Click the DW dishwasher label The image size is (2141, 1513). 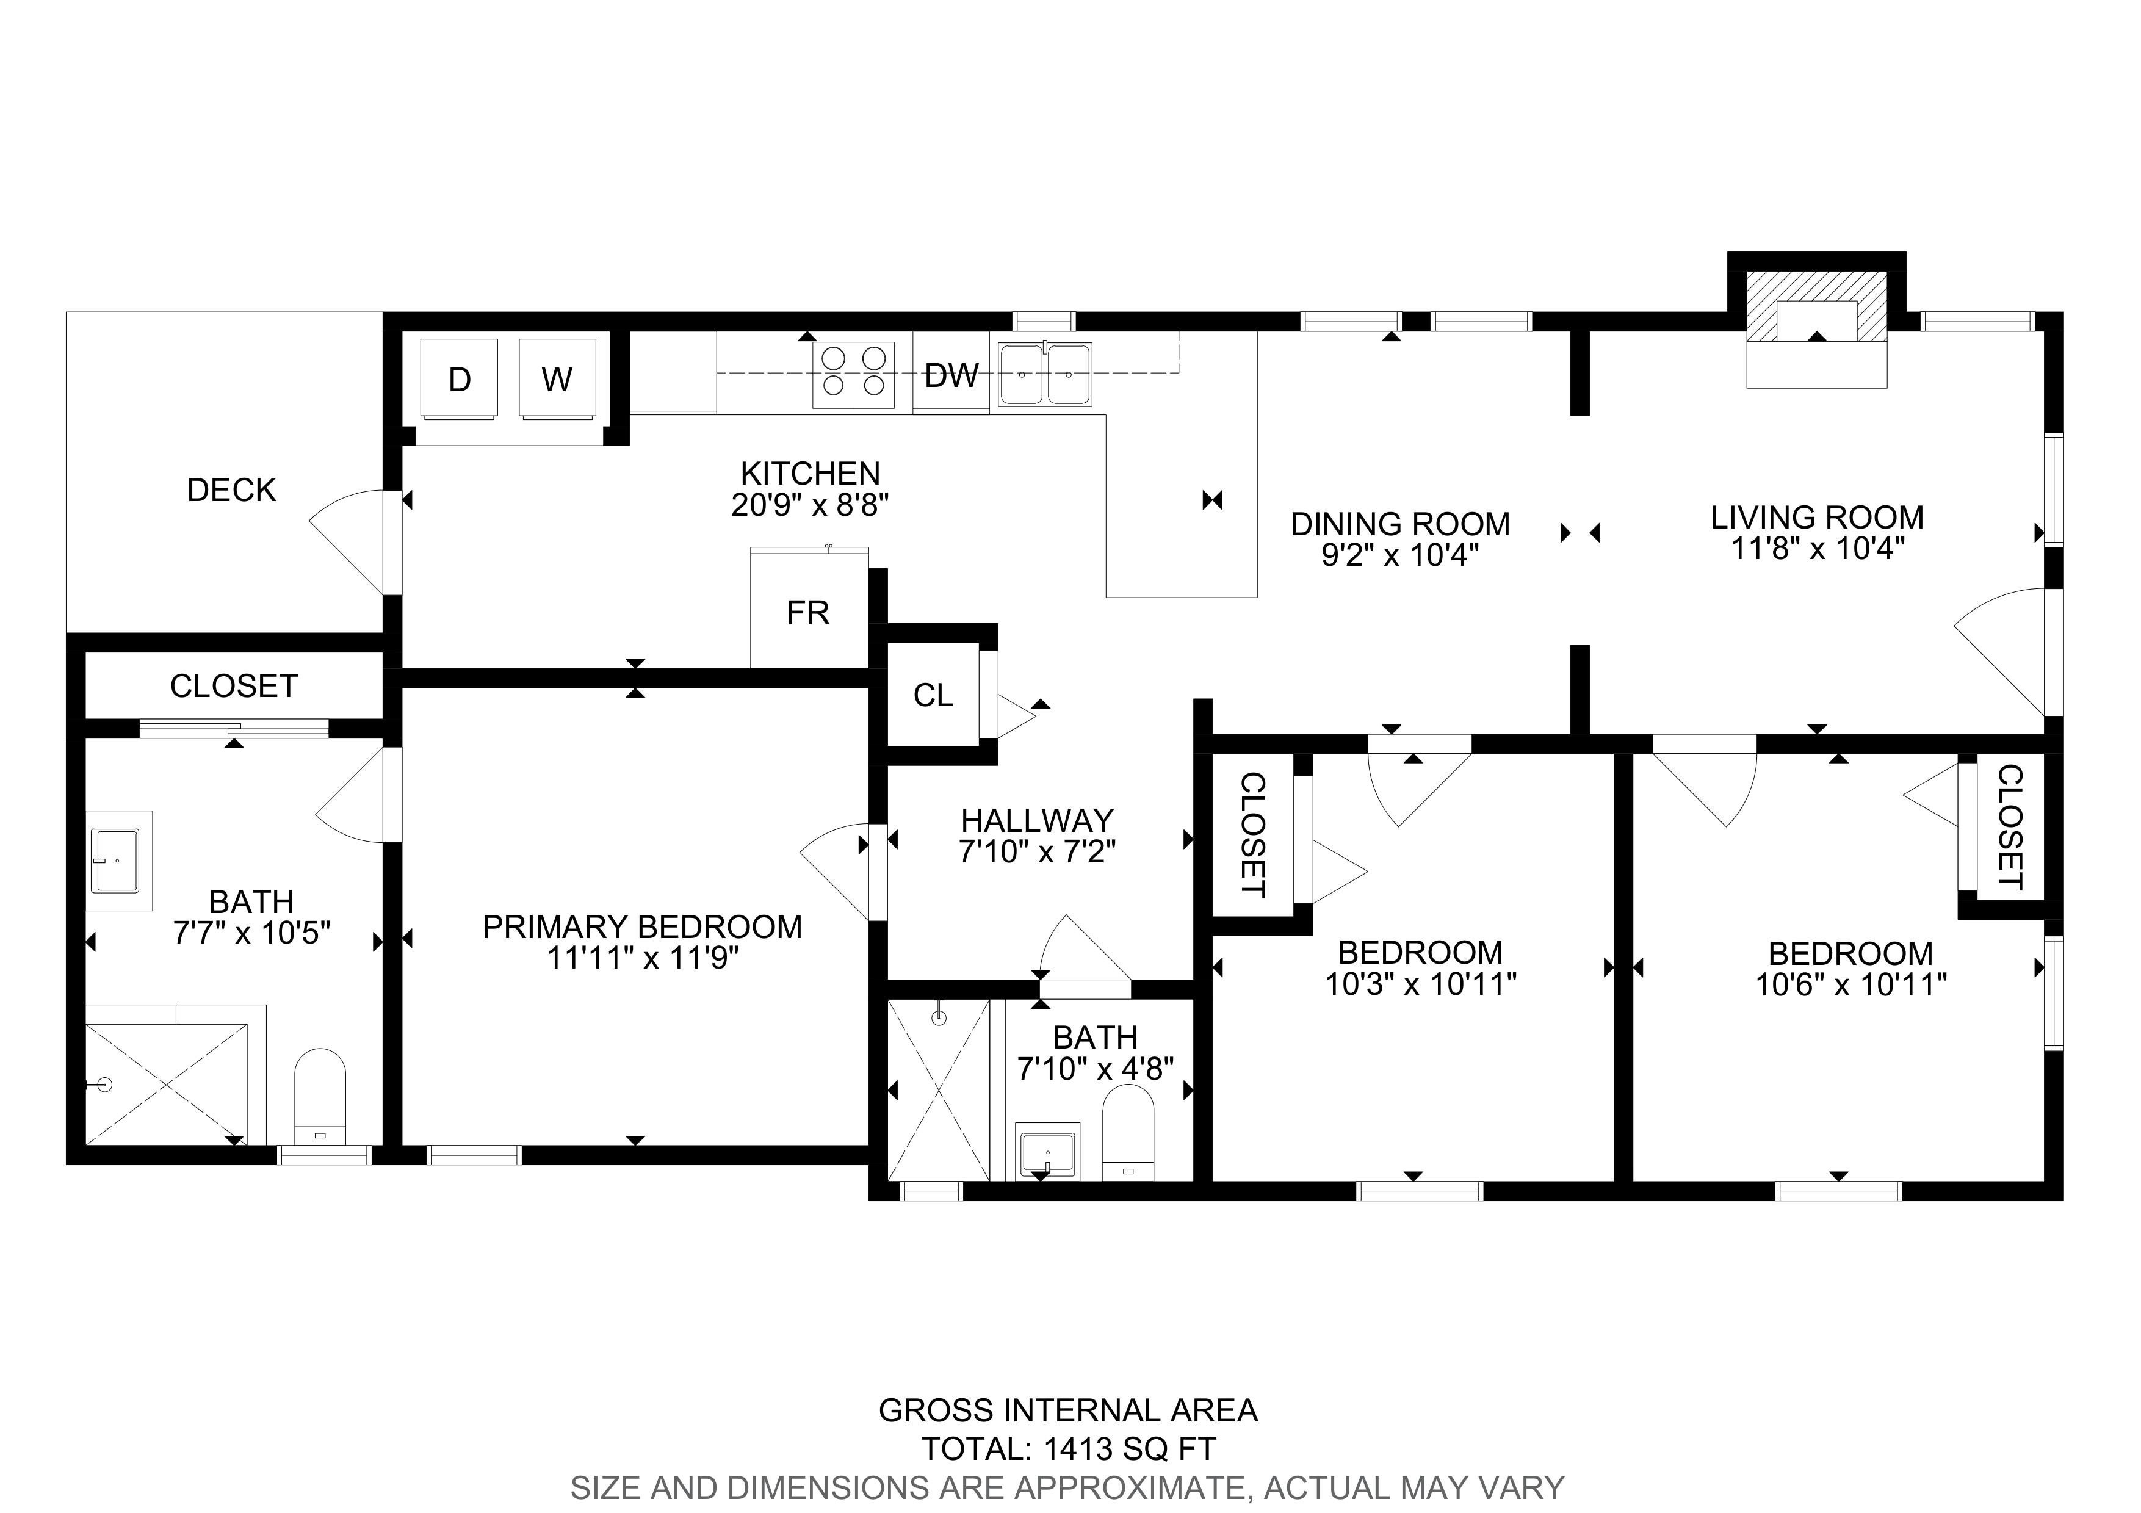pos(951,376)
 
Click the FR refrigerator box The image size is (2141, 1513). pos(809,608)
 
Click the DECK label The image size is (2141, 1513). pos(231,490)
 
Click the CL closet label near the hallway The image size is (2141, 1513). pos(933,695)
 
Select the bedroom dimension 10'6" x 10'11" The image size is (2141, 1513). pos(1851,984)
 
